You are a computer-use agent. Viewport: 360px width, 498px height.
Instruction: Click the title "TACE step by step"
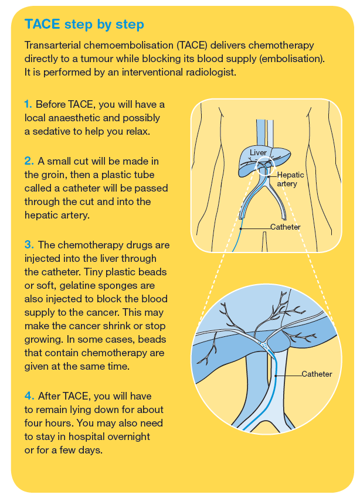[x=84, y=25]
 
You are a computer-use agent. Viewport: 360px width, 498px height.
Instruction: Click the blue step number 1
[x=28, y=104]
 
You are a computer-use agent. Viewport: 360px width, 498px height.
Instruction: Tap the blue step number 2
[x=29, y=161]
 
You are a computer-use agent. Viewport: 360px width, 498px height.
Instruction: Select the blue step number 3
[x=29, y=245]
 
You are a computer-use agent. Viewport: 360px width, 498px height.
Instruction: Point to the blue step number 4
[x=29, y=396]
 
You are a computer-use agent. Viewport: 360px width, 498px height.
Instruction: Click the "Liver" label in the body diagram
[x=258, y=153]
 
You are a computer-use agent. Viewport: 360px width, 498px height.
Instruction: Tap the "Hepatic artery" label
[x=290, y=179]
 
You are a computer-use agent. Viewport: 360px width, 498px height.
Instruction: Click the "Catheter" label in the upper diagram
[x=286, y=227]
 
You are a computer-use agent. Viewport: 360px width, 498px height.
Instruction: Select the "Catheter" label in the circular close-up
[x=317, y=374]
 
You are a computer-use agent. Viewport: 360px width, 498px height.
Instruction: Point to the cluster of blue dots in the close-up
[x=264, y=346]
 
